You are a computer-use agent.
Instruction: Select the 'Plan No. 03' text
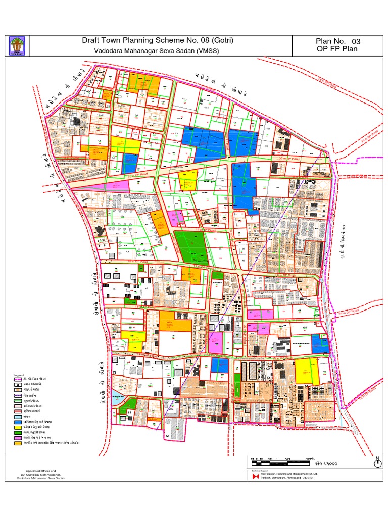click(x=338, y=41)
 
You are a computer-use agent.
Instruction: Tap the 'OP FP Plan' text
click(x=337, y=49)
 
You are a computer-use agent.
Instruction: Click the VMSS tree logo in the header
click(x=15, y=46)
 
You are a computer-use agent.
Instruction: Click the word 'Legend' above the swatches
click(x=19, y=375)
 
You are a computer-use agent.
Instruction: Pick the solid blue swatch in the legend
click(x=18, y=422)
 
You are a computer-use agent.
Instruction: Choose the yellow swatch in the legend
click(x=18, y=427)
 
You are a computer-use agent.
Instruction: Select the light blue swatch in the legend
click(x=18, y=417)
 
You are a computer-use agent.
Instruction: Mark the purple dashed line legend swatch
click(x=18, y=396)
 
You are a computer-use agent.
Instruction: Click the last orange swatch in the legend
click(x=18, y=443)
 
